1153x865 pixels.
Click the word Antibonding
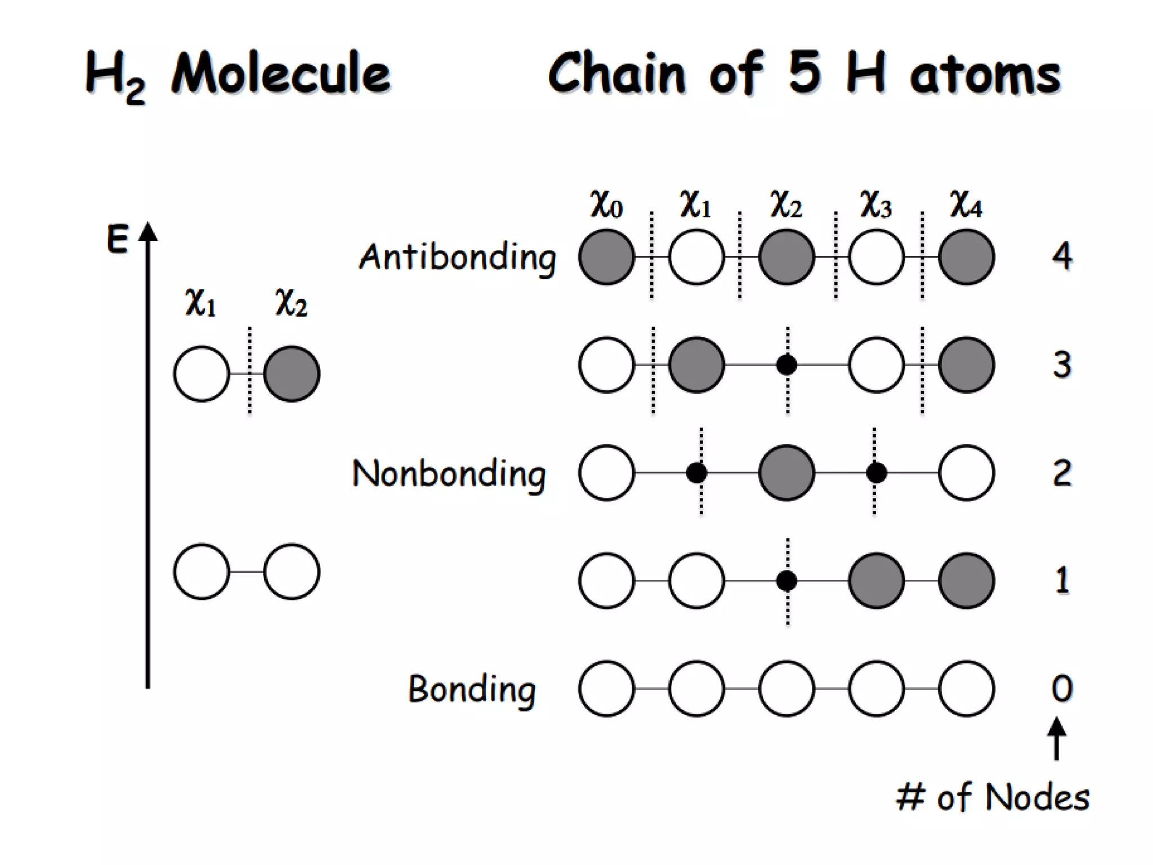(x=457, y=257)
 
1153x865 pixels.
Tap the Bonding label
(x=472, y=689)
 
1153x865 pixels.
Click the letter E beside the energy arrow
(x=118, y=240)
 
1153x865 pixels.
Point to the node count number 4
(x=1062, y=256)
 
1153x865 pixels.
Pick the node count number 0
(x=1062, y=688)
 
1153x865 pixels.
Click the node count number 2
(x=1062, y=472)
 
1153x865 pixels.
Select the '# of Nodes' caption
(x=993, y=797)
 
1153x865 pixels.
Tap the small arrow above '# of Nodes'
(x=1056, y=738)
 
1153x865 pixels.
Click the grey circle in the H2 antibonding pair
(x=292, y=374)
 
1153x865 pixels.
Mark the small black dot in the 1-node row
(x=786, y=581)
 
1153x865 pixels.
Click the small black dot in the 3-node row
(x=786, y=365)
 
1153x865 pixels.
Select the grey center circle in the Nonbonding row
(x=786, y=473)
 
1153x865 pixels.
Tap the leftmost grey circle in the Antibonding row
(x=606, y=257)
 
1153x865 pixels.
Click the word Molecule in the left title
(x=281, y=74)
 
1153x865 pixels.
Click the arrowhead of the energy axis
(x=148, y=232)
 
